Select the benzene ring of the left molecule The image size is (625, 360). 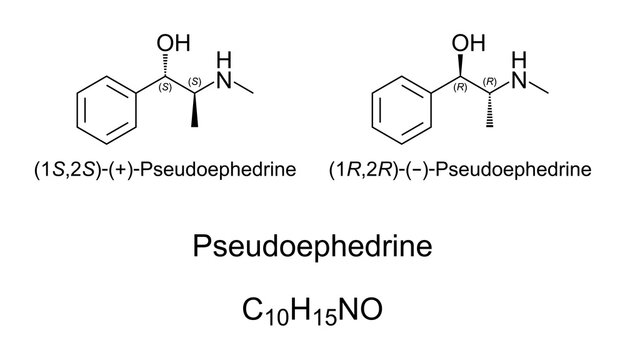click(x=106, y=110)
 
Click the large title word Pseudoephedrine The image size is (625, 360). click(x=312, y=247)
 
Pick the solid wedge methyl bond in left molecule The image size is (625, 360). click(x=196, y=114)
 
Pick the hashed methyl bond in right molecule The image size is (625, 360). click(x=491, y=114)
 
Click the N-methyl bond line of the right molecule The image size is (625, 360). click(x=539, y=88)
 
